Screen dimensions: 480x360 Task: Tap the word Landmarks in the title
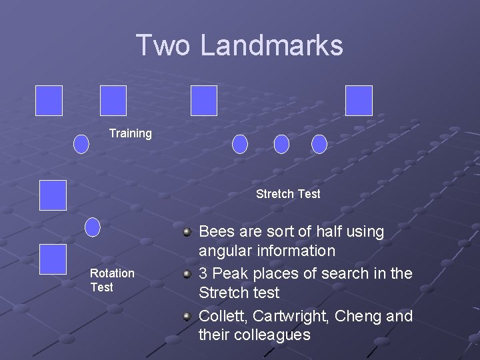[272, 45]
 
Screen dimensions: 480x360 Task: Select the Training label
[131, 133]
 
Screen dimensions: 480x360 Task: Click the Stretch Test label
[288, 194]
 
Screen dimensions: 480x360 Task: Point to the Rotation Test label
[112, 280]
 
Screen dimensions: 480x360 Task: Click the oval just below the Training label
[81, 144]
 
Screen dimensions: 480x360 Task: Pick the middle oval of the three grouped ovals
[281, 144]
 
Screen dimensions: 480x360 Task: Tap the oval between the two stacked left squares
[93, 227]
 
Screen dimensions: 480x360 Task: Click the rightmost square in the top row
[359, 101]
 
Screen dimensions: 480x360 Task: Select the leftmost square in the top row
[49, 101]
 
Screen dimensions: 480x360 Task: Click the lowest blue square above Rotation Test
[53, 259]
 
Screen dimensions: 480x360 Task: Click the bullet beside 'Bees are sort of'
[188, 232]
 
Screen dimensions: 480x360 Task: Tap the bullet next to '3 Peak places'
[188, 274]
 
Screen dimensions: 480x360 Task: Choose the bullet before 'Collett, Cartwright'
[188, 316]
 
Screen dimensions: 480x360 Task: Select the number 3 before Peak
[204, 274]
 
